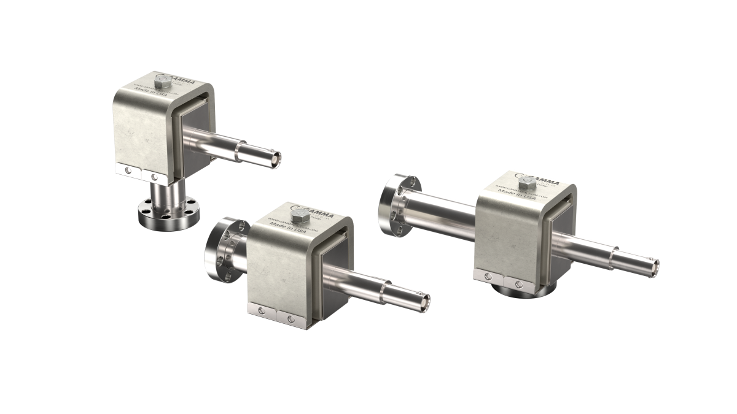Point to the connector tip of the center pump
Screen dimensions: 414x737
point(424,300)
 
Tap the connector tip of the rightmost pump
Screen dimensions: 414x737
point(655,266)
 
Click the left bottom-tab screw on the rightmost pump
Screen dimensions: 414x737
point(489,280)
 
